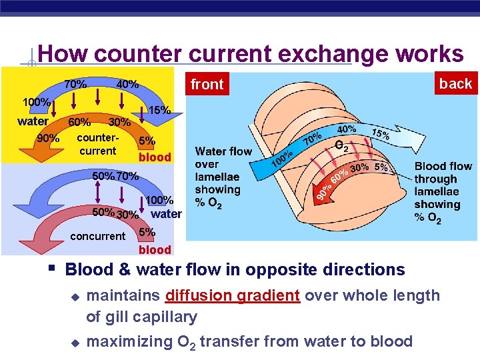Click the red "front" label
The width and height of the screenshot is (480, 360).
tap(207, 85)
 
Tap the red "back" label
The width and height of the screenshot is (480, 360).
tap(455, 83)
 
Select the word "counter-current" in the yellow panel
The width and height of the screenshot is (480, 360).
tap(97, 145)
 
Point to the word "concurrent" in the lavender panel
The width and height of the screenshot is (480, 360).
tap(97, 236)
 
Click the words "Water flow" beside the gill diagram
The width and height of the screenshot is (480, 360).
tap(223, 151)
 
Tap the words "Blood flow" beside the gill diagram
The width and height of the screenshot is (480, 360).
tap(443, 166)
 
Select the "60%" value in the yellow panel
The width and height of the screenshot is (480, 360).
tap(79, 122)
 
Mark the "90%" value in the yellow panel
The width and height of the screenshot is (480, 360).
tap(47, 139)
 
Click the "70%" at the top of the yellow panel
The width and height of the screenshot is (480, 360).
tap(75, 85)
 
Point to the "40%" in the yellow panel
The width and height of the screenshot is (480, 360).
tap(127, 85)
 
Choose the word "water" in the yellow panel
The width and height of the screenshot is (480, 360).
tap(33, 121)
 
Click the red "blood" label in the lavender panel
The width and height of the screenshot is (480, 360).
tap(155, 250)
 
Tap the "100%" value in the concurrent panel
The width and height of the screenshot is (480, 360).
tap(159, 200)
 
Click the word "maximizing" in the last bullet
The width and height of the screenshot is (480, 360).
tap(129, 341)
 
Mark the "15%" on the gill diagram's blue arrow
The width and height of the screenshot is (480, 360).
tap(381, 134)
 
